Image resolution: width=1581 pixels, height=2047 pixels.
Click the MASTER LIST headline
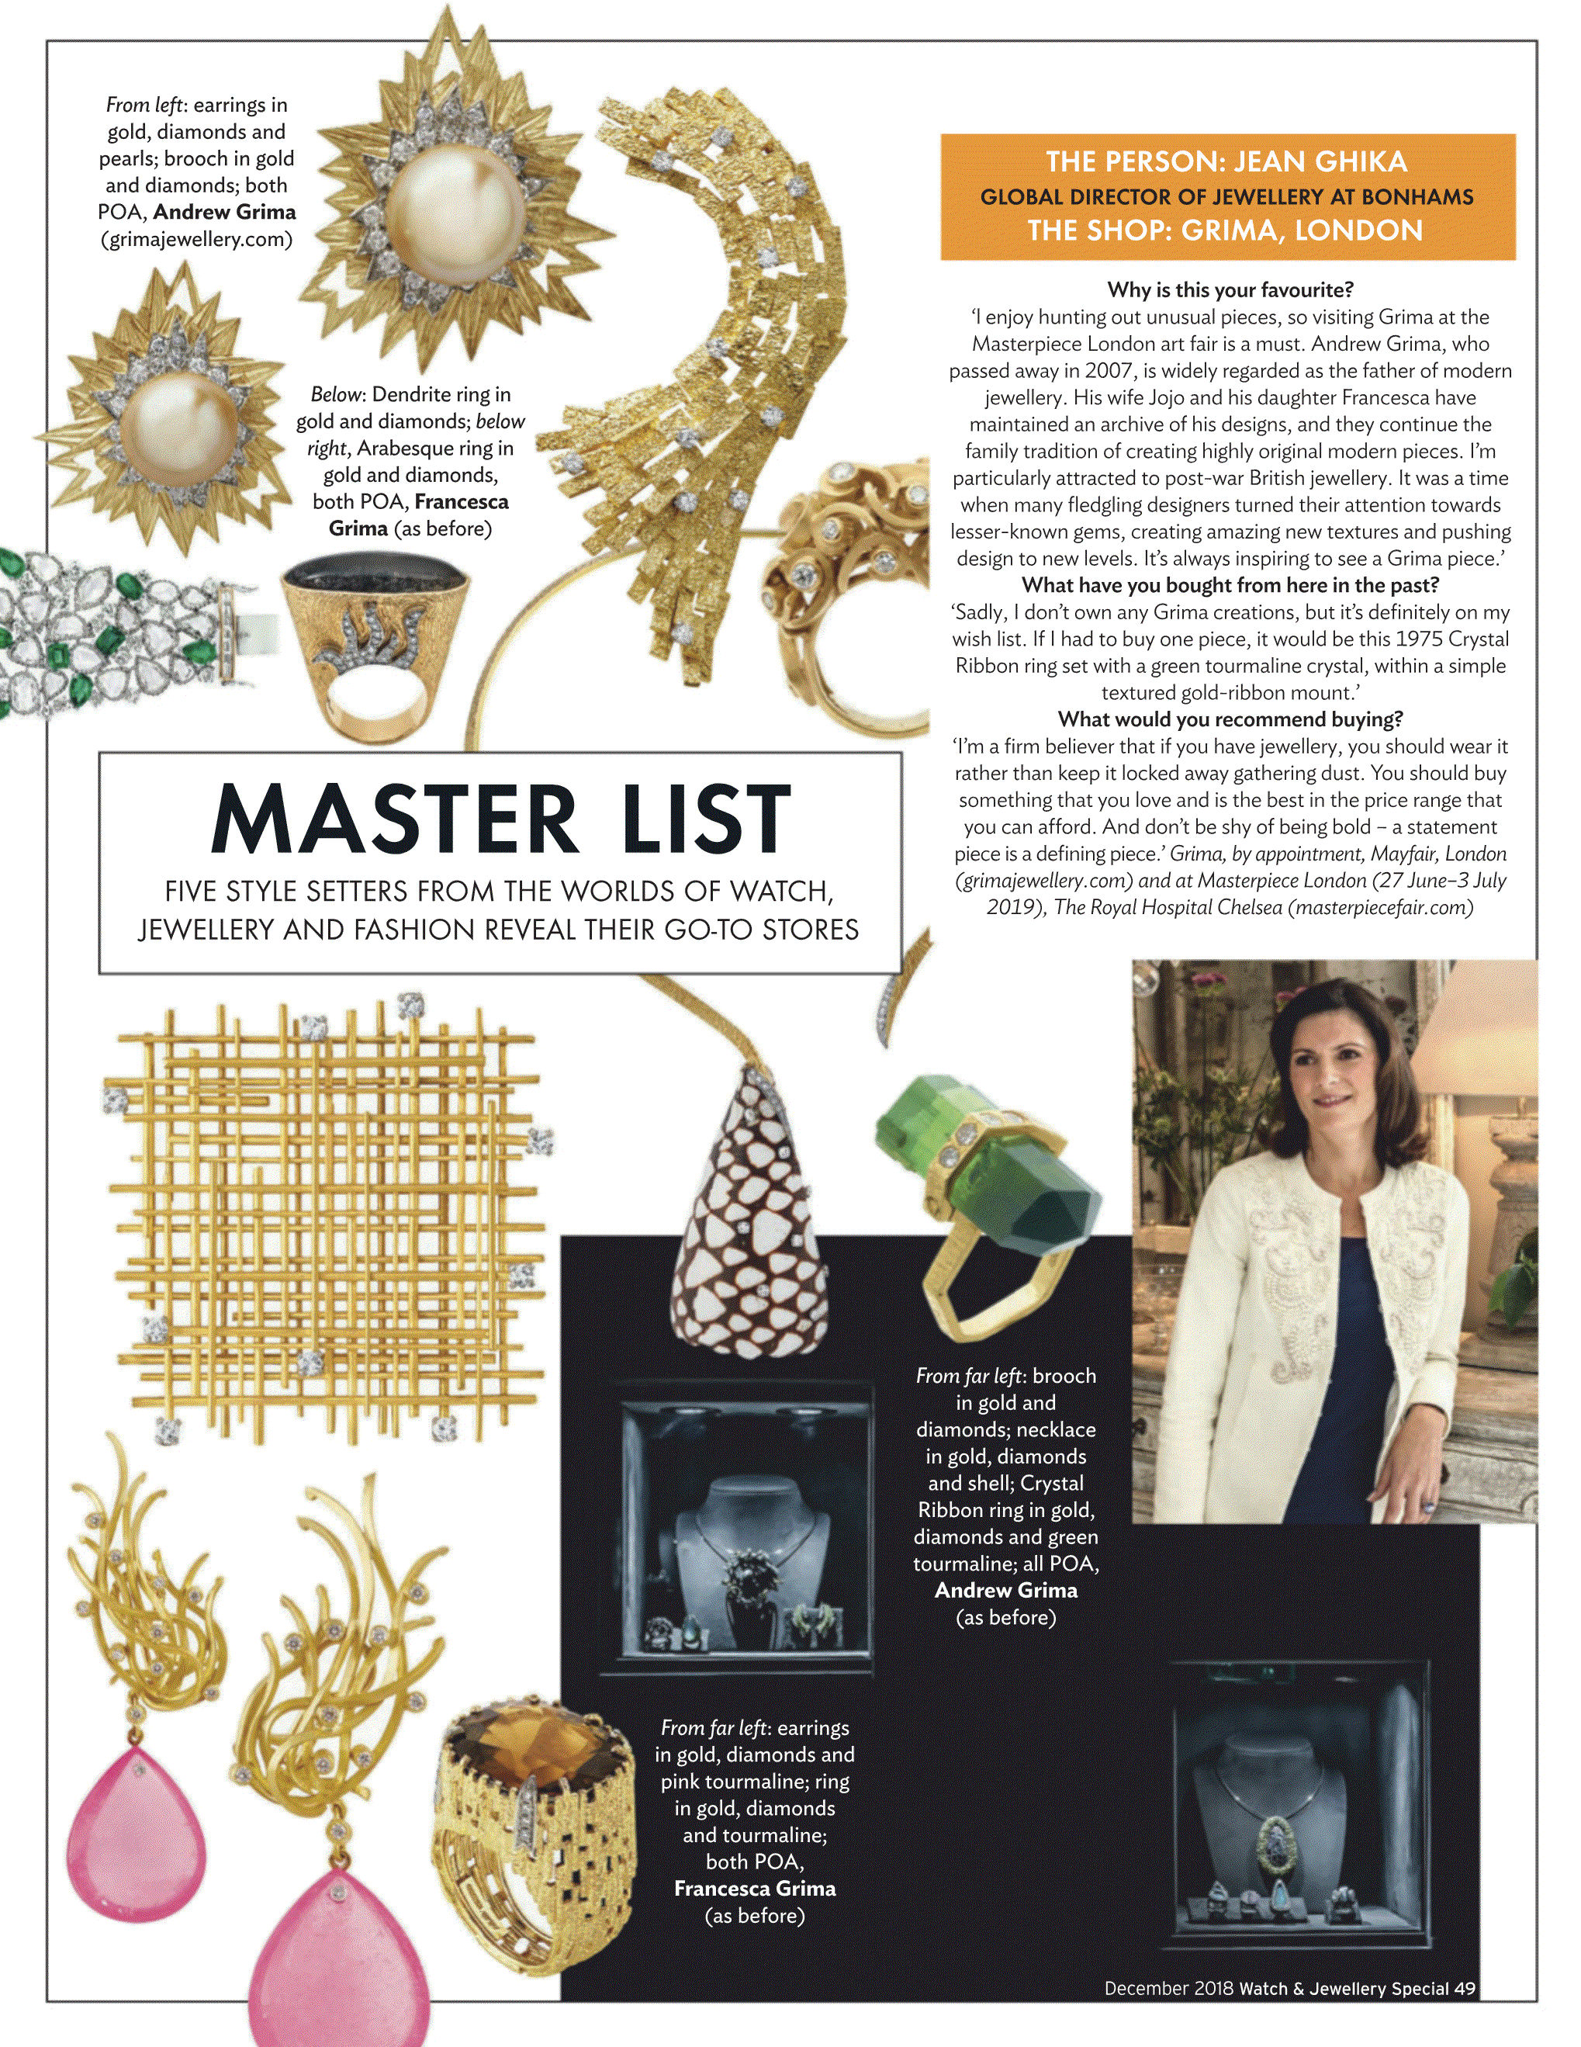[x=501, y=818]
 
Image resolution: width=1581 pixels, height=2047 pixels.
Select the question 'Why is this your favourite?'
[x=1230, y=289]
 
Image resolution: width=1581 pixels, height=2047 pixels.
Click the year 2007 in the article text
[x=1108, y=370]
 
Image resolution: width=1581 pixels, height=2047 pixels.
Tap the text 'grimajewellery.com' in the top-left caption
[x=197, y=239]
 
